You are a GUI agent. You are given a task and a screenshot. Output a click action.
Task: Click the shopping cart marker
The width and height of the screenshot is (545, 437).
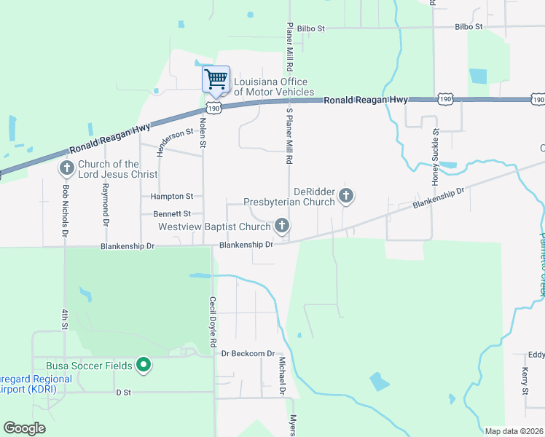pyautogui.click(x=216, y=79)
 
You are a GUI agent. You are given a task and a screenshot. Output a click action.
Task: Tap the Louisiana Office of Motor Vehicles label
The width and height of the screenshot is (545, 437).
pyautogui.click(x=273, y=87)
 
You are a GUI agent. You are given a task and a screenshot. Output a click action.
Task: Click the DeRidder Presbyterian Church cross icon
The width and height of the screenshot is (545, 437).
pyautogui.click(x=346, y=195)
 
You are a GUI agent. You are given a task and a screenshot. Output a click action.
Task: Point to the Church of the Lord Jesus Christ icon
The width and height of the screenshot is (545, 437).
pyautogui.click(x=66, y=169)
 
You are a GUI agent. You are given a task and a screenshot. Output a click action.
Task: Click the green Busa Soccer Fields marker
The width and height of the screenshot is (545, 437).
pyautogui.click(x=144, y=365)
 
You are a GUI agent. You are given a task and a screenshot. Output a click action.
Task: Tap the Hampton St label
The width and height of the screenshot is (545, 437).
pyautogui.click(x=171, y=197)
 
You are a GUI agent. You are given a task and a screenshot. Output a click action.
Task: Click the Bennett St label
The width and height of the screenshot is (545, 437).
pyautogui.click(x=171, y=214)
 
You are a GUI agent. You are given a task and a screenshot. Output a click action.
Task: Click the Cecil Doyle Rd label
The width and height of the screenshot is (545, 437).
pyautogui.click(x=213, y=321)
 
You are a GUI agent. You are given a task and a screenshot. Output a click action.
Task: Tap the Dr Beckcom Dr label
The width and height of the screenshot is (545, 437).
pyautogui.click(x=252, y=353)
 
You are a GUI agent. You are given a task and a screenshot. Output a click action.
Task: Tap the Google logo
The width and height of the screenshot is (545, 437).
pyautogui.click(x=24, y=428)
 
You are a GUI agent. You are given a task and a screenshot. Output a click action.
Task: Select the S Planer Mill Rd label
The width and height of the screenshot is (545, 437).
pyautogui.click(x=289, y=135)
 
